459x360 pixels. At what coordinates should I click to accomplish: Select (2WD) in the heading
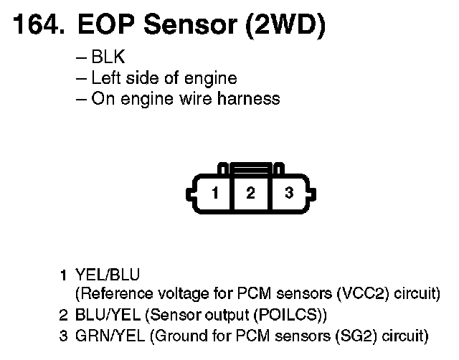coord(285,27)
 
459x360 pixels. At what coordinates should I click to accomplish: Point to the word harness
coord(252,98)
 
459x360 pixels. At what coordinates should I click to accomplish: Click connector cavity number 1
coord(214,193)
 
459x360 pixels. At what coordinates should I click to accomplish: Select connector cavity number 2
coord(250,193)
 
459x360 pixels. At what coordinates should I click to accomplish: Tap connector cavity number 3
coord(288,193)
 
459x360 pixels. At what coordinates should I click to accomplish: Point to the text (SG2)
coord(345,334)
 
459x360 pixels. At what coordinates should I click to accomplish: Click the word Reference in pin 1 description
coord(114,294)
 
